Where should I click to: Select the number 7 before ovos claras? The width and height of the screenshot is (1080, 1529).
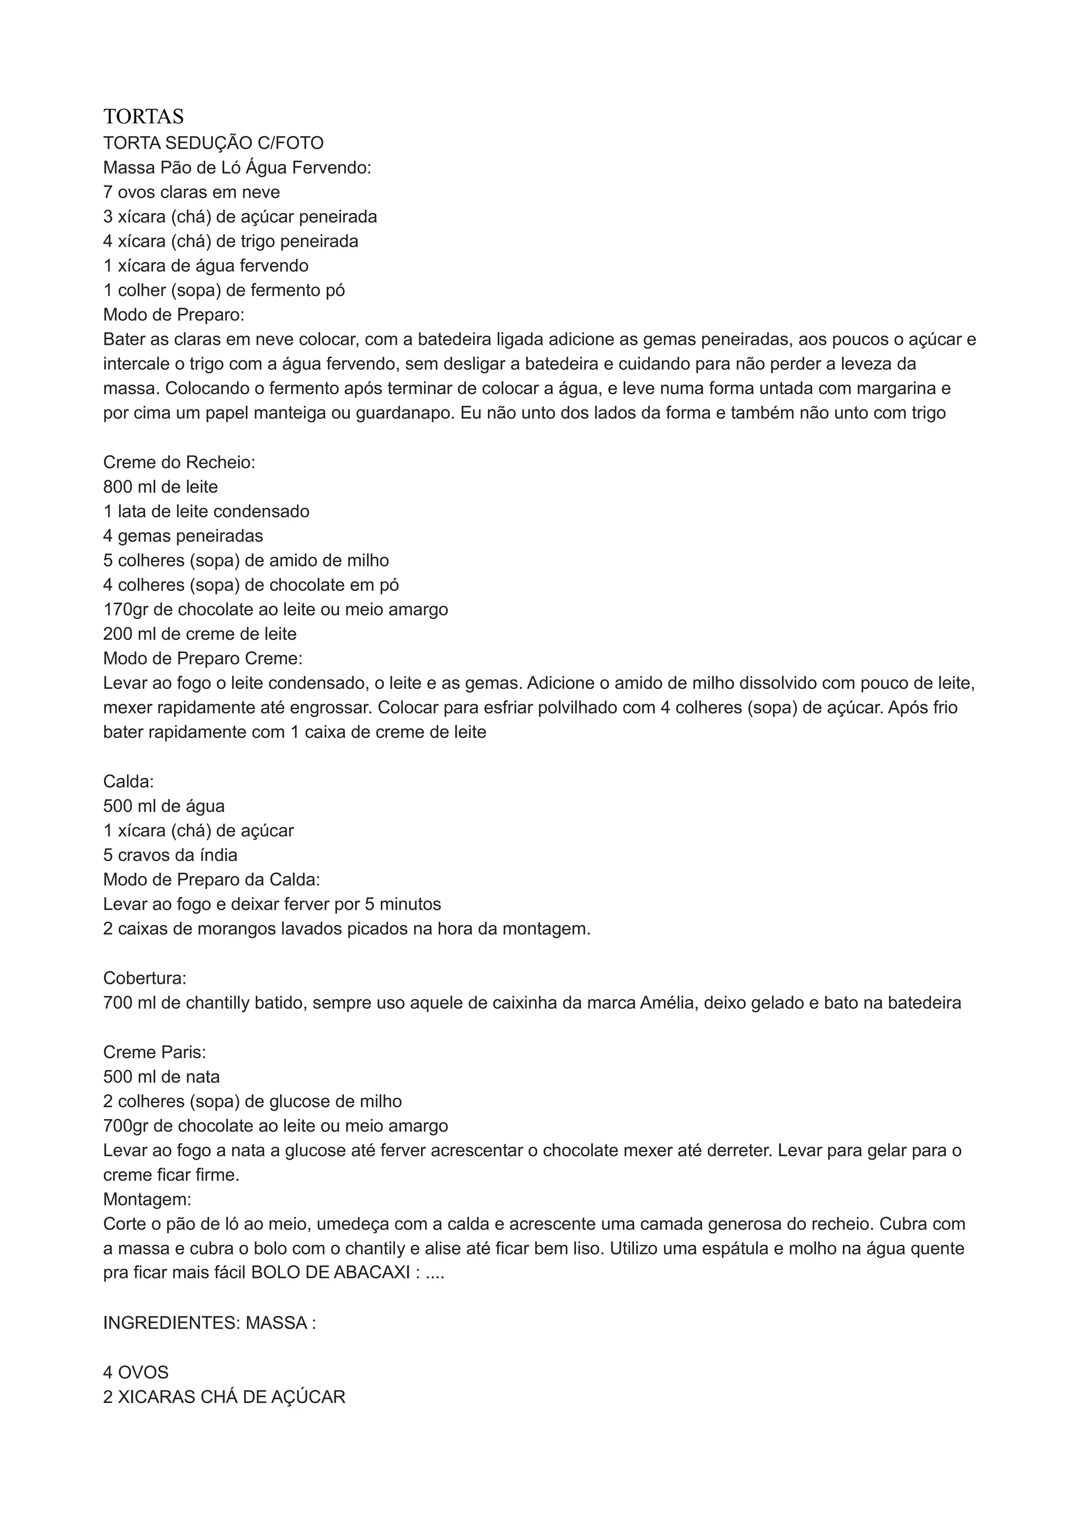tap(108, 193)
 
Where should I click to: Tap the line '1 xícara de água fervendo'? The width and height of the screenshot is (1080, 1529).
tap(206, 266)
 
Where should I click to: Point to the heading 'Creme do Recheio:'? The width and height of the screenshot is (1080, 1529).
tap(179, 462)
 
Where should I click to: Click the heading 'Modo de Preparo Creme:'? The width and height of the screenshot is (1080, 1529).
tap(202, 658)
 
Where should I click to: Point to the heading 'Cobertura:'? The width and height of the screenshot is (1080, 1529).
tap(144, 978)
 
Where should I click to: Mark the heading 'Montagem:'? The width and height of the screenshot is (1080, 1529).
tap(147, 1199)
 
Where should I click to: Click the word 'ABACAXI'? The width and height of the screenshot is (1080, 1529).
tap(371, 1273)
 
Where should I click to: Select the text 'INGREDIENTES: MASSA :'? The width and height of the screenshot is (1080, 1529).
tap(209, 1323)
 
